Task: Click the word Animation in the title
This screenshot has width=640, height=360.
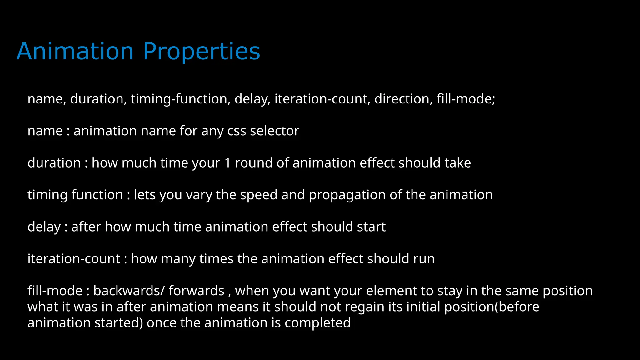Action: (x=75, y=51)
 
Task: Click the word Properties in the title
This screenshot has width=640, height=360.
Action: (x=202, y=51)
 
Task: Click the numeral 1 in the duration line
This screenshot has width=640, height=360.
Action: (x=227, y=163)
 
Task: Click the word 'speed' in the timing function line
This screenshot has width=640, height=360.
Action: (x=259, y=195)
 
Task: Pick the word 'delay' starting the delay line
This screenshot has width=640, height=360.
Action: (x=44, y=227)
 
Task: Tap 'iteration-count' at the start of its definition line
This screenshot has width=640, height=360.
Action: (x=74, y=259)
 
